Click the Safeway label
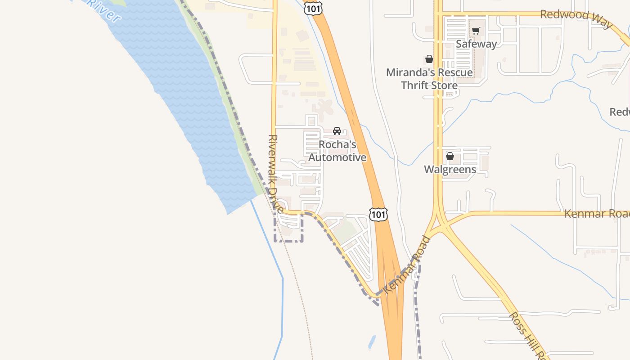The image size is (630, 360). click(476, 44)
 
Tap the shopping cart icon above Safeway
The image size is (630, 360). click(476, 31)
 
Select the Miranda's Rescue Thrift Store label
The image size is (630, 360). click(429, 79)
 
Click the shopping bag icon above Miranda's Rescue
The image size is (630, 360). click(429, 59)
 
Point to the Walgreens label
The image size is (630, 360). click(450, 169)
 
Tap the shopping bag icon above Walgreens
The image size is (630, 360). click(450, 156)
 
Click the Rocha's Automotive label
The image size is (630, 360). click(337, 151)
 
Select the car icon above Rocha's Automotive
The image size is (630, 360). click(337, 131)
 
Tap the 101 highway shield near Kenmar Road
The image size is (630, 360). click(378, 214)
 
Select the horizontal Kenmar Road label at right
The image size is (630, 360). click(597, 214)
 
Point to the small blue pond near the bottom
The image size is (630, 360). click(372, 342)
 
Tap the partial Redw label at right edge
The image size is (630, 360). click(620, 112)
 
